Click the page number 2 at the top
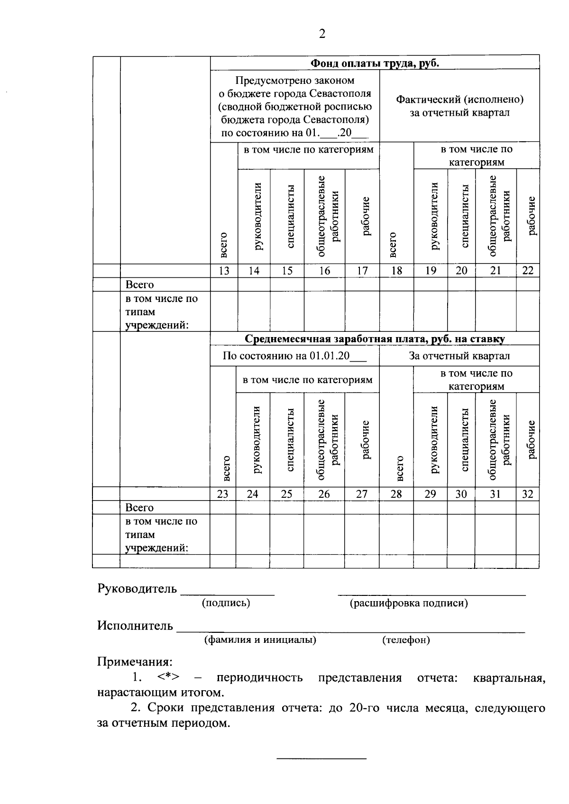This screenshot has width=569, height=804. (322, 34)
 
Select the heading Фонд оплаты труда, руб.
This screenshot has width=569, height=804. (375, 63)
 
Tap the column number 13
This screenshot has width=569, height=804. (224, 271)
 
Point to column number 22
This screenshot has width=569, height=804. (527, 271)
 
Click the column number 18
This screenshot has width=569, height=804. (396, 271)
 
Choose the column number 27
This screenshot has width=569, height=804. (362, 494)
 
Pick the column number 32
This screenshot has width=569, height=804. (527, 494)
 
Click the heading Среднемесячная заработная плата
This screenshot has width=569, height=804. (375, 339)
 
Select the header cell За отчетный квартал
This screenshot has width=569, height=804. (459, 356)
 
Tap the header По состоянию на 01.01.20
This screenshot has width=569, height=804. (294, 356)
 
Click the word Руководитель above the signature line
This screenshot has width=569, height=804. (137, 589)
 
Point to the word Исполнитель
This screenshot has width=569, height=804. (135, 626)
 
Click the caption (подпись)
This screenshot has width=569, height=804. (226, 603)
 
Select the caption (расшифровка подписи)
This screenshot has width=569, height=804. (409, 603)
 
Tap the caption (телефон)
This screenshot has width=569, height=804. (406, 640)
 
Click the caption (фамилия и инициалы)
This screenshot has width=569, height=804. (260, 640)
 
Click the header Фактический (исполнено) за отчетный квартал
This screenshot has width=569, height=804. (459, 106)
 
